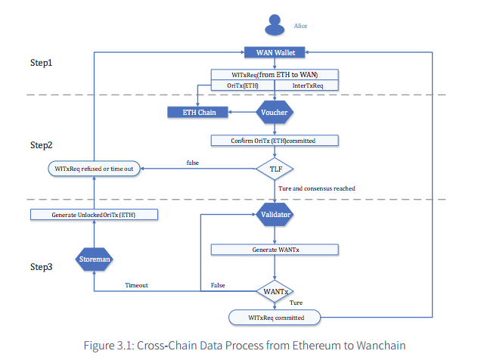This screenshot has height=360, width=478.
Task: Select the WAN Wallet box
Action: [x=274, y=52]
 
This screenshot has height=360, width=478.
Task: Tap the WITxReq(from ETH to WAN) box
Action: [x=274, y=74]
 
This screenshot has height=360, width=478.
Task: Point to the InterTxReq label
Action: [x=308, y=85]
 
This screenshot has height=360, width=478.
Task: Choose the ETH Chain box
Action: [x=197, y=113]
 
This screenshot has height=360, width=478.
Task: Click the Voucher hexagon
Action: [x=274, y=113]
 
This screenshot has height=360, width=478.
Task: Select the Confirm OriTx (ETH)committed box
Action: [x=274, y=141]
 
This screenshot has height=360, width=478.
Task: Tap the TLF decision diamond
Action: [x=274, y=169]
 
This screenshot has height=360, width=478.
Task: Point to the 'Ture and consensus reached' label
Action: [x=316, y=188]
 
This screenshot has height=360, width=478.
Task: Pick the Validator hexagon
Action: [x=274, y=215]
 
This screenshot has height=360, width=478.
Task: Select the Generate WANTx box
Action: [x=274, y=249]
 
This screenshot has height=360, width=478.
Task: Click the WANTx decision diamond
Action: [x=274, y=290]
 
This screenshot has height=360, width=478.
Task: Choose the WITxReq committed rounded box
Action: [x=274, y=317]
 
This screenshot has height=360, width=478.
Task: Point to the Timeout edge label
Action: [x=136, y=285]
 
